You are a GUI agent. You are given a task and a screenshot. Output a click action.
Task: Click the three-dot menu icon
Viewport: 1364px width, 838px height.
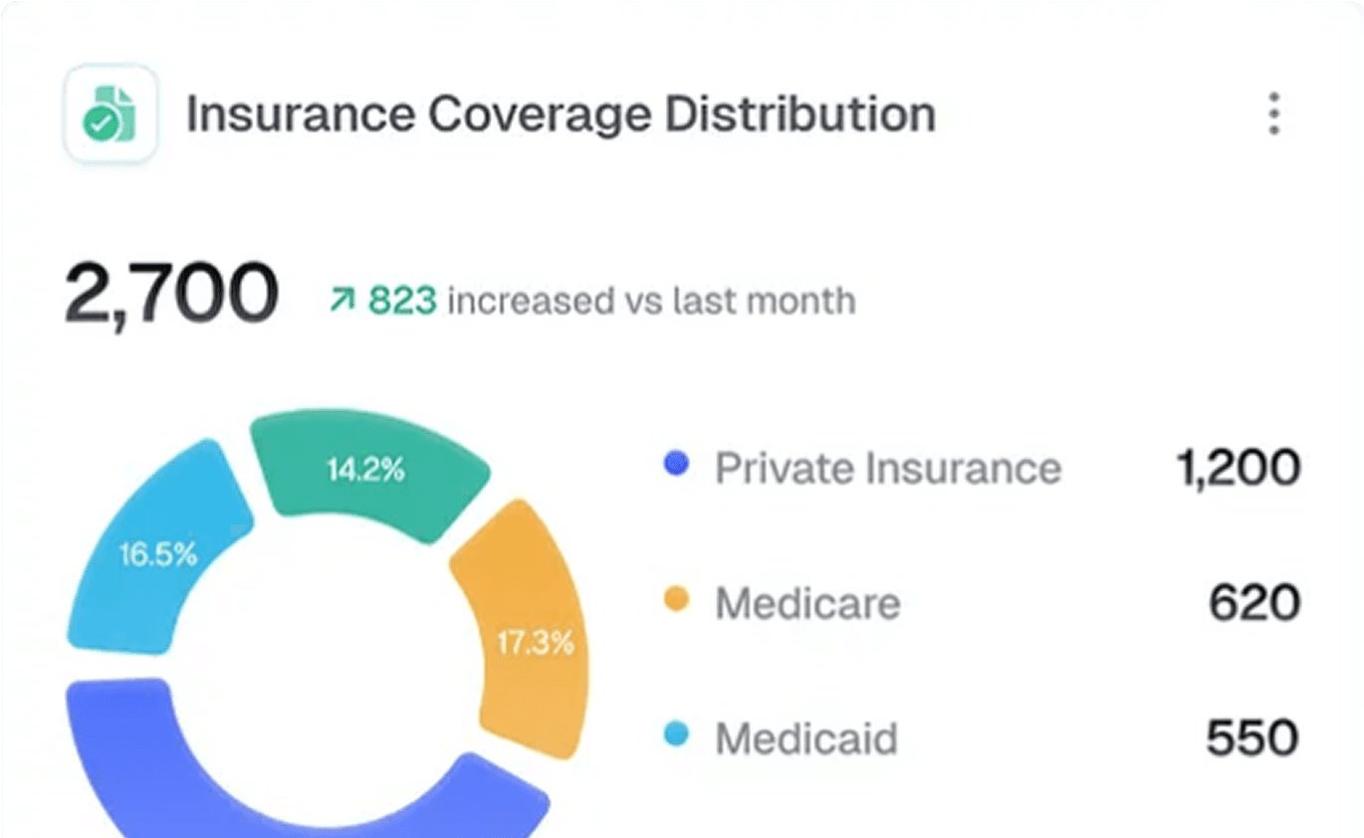pyautogui.click(x=1273, y=113)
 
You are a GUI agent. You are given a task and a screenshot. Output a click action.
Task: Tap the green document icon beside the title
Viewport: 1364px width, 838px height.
pyautogui.click(x=111, y=113)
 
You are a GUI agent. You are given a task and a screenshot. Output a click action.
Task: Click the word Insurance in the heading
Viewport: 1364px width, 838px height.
pyautogui.click(x=301, y=114)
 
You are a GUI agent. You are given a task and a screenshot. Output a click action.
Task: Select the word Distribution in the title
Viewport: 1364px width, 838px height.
pyautogui.click(x=800, y=114)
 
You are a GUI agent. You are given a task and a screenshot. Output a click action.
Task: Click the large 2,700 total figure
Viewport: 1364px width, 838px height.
pyautogui.click(x=171, y=295)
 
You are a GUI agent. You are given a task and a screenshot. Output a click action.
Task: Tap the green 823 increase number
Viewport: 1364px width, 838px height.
pyautogui.click(x=402, y=300)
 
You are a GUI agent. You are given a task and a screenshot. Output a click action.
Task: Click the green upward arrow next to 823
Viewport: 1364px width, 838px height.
pyautogui.click(x=342, y=300)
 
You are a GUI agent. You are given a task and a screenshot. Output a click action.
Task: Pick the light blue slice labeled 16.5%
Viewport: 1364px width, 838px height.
pyautogui.click(x=157, y=554)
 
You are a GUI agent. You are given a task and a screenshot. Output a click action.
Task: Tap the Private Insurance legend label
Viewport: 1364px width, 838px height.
pyautogui.click(x=888, y=468)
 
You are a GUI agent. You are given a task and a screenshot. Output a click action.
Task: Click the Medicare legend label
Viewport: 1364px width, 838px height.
pyautogui.click(x=807, y=603)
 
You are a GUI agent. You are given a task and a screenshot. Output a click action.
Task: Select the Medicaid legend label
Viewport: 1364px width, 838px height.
pyautogui.click(x=806, y=738)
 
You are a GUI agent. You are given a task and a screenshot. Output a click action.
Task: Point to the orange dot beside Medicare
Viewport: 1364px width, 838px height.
pyautogui.click(x=676, y=600)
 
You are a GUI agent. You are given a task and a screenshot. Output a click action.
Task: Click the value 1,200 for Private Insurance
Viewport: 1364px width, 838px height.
pyautogui.click(x=1238, y=468)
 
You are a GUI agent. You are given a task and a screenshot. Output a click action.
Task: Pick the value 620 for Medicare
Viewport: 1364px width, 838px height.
pyautogui.click(x=1253, y=603)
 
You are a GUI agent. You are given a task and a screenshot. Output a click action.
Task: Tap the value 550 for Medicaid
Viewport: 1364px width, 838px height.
pyautogui.click(x=1251, y=738)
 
